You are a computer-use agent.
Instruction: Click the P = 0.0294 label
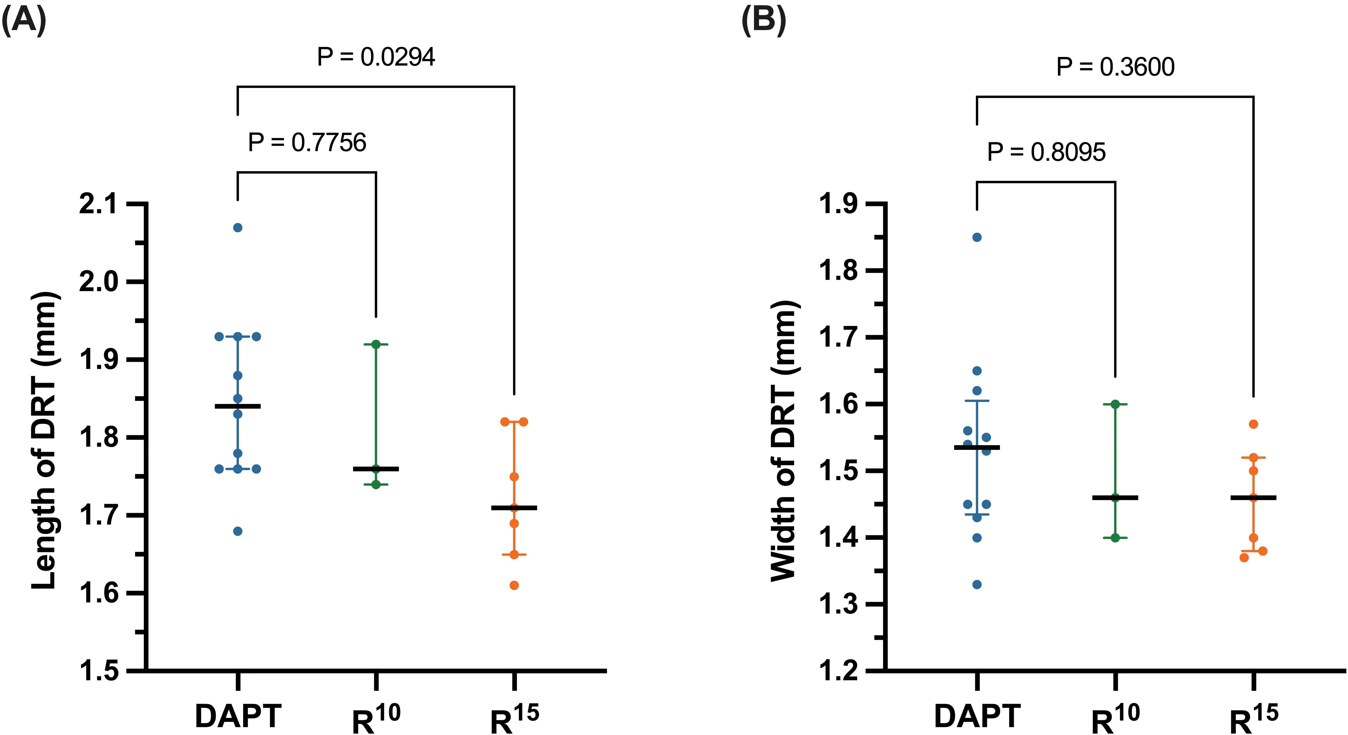click(x=376, y=57)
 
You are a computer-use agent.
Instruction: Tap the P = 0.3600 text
click(x=1115, y=67)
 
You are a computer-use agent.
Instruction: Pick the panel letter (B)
click(x=763, y=21)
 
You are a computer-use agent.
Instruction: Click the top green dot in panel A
click(x=376, y=344)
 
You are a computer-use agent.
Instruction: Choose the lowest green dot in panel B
click(x=1115, y=538)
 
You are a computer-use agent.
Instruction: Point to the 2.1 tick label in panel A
click(x=98, y=204)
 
